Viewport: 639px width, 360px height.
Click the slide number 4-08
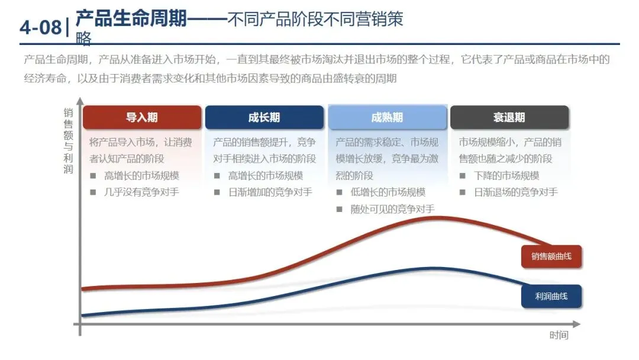[40, 27]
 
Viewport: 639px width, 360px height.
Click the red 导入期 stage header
[142, 117]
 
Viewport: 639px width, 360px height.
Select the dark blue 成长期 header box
[264, 117]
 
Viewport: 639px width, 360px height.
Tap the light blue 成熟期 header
[387, 117]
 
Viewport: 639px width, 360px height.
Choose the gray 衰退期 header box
[509, 117]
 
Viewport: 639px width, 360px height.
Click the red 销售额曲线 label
[551, 256]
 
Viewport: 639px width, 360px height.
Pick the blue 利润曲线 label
[551, 296]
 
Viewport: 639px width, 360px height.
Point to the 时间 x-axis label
[559, 336]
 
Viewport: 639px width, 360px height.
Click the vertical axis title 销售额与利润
[69, 140]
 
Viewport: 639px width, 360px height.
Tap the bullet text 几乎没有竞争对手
[141, 192]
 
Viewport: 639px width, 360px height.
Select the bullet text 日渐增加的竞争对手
[270, 192]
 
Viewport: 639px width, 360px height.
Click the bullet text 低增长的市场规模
[388, 192]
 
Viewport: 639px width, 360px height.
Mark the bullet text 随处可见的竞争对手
[392, 208]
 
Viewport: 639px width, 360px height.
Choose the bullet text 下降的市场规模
[506, 175]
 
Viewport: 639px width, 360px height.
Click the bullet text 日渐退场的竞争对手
[515, 192]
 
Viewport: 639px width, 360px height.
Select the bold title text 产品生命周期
[131, 20]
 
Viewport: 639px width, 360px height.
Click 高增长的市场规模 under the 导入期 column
[141, 175]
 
